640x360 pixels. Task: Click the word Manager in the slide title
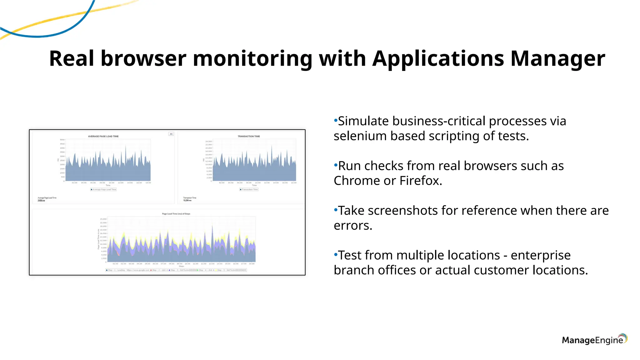(x=557, y=59)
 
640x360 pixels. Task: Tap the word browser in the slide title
(x=143, y=59)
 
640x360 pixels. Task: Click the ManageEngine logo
(x=594, y=340)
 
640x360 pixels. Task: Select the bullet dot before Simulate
(x=336, y=120)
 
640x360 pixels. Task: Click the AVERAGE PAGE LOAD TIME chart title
(x=103, y=136)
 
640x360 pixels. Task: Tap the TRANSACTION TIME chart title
(x=248, y=136)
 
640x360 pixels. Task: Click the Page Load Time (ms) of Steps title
(x=176, y=214)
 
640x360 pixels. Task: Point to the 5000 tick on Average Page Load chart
(x=62, y=140)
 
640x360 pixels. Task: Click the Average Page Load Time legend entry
(x=103, y=189)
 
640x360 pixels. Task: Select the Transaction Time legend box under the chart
(x=249, y=189)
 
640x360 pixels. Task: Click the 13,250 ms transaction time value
(x=187, y=200)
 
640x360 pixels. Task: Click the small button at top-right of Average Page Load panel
(x=171, y=134)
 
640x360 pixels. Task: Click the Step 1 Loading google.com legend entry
(x=128, y=270)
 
